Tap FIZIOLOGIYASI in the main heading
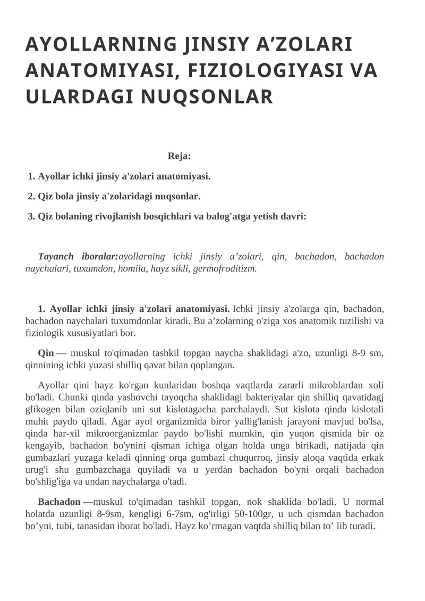pos(256,71)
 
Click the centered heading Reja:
pos(179,156)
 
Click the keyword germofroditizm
pos(225,268)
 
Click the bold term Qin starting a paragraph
pos(46,353)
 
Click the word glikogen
pos(41,409)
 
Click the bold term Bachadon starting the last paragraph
pos(59,502)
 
